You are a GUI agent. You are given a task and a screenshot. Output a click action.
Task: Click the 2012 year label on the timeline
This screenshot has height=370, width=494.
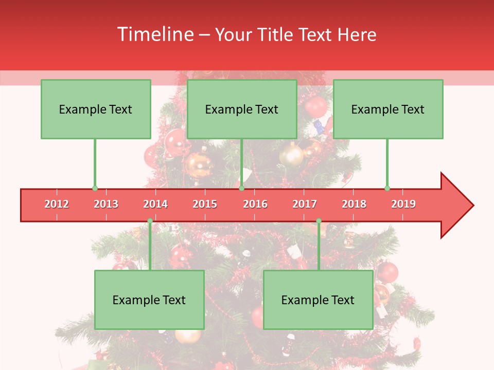[x=57, y=204]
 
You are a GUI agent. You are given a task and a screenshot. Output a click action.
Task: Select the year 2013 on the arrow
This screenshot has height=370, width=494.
[x=106, y=204]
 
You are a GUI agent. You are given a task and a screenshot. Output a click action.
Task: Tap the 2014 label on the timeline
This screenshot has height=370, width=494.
[x=155, y=204]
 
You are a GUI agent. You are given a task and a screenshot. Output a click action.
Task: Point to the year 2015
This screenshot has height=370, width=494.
[x=205, y=204]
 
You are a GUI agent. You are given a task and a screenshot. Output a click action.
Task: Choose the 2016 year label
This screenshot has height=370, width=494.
[x=255, y=204]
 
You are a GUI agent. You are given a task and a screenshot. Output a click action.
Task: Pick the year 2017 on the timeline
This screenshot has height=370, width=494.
[x=305, y=204]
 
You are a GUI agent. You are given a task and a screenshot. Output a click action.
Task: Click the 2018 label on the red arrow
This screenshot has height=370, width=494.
[x=354, y=204]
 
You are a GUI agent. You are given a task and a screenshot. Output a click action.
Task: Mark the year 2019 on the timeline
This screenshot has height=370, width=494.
[x=403, y=204]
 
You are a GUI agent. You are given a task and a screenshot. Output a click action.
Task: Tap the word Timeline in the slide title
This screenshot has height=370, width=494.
[x=155, y=34]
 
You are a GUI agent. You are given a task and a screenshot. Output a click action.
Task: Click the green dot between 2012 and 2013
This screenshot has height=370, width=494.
[x=95, y=188]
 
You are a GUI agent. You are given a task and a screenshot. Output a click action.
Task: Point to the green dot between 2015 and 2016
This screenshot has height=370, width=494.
[x=241, y=188]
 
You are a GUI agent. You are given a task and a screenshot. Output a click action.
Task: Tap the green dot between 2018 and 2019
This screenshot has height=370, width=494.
[x=387, y=188]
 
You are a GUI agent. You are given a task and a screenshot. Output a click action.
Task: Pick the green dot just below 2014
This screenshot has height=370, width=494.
[x=150, y=221]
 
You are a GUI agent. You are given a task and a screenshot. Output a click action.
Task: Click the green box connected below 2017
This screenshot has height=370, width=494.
[x=318, y=300]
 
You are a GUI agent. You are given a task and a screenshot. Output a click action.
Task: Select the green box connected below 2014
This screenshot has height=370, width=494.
[x=149, y=300]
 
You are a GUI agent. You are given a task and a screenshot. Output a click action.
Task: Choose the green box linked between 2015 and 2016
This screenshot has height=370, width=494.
[x=242, y=109]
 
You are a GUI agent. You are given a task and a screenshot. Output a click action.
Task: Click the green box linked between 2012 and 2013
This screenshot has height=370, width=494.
[x=96, y=109]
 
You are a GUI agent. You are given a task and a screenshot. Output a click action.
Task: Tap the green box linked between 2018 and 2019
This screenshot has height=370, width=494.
[x=388, y=109]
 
